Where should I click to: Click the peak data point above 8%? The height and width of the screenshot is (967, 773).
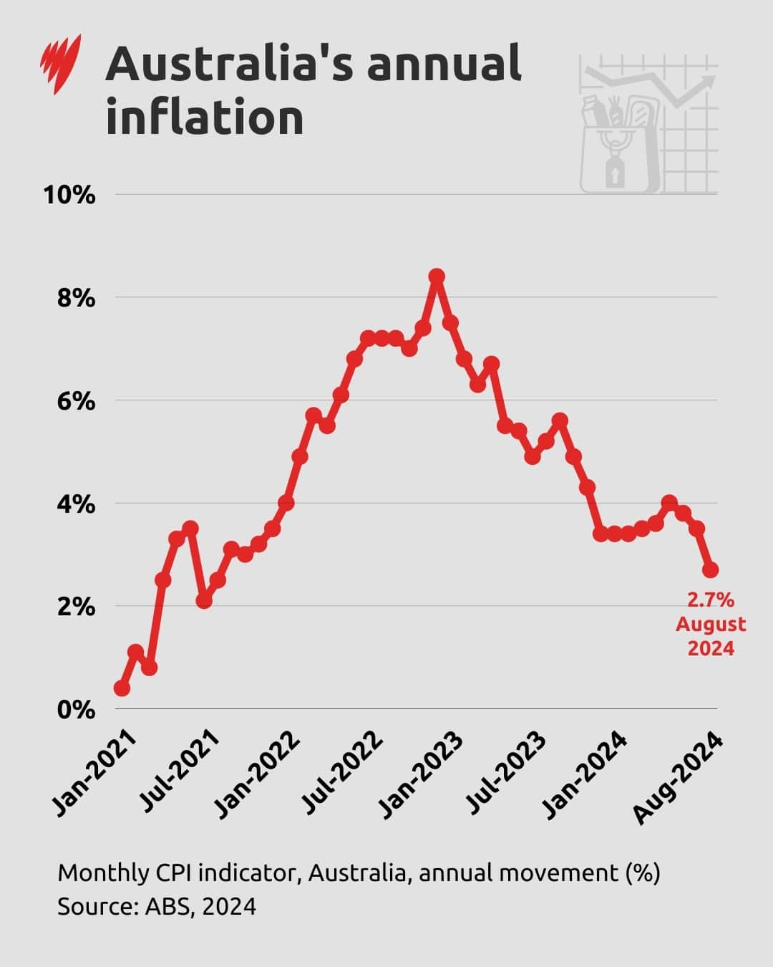[x=437, y=276]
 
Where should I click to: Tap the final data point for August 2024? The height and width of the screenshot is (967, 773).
[x=710, y=570]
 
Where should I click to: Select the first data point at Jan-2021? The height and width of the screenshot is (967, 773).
[x=122, y=688]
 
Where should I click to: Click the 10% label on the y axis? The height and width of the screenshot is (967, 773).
[x=69, y=195]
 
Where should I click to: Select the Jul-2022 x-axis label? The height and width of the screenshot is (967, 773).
[x=340, y=774]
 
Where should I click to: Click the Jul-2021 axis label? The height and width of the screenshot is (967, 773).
[x=179, y=774]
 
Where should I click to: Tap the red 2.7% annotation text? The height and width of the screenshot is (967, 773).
[x=711, y=600]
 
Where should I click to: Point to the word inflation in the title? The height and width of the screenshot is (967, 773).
[x=205, y=118]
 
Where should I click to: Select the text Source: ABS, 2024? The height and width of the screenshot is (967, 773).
[x=157, y=906]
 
